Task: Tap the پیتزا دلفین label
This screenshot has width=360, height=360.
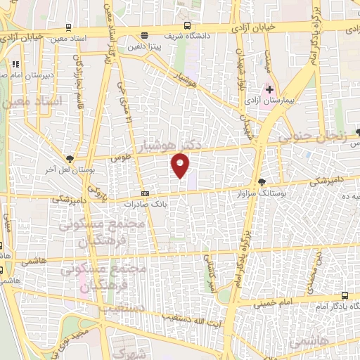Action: pos(146,46)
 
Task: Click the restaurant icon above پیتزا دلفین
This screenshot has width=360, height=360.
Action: pos(145,36)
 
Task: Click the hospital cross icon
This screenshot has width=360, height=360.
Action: pos(269,89)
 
